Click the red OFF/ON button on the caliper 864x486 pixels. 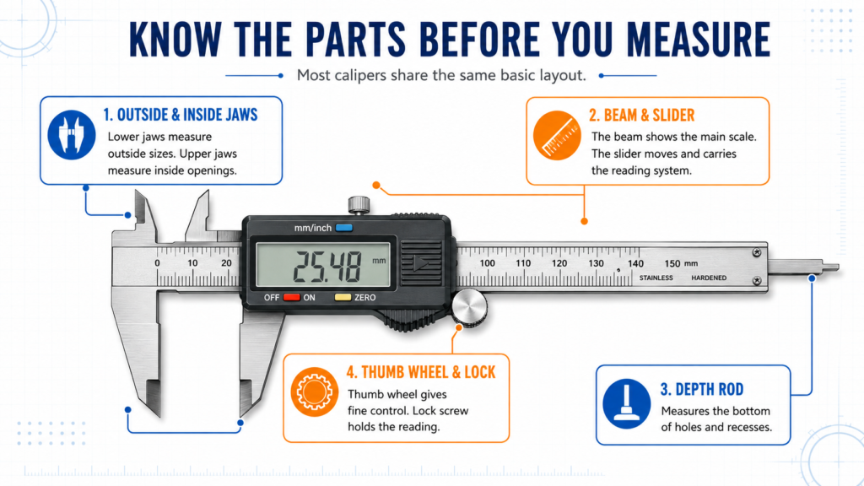point(291,298)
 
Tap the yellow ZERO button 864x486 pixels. point(343,298)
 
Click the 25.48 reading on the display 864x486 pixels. point(327,267)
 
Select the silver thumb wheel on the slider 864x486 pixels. point(469,307)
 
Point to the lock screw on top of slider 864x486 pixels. point(359,205)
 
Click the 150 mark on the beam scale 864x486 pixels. point(672,263)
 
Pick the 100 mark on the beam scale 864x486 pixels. point(487,263)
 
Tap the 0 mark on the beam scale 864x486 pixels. point(158,263)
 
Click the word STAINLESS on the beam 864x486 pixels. point(656,278)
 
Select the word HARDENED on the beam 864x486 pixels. point(709,278)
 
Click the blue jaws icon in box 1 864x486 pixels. point(72,135)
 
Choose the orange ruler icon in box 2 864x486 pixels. point(557,135)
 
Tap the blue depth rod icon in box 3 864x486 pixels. point(627,404)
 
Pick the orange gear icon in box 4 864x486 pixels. point(315,391)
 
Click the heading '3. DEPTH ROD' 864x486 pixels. point(701,390)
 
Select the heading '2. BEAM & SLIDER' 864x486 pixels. point(641,115)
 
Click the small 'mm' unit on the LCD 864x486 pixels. point(379,261)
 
